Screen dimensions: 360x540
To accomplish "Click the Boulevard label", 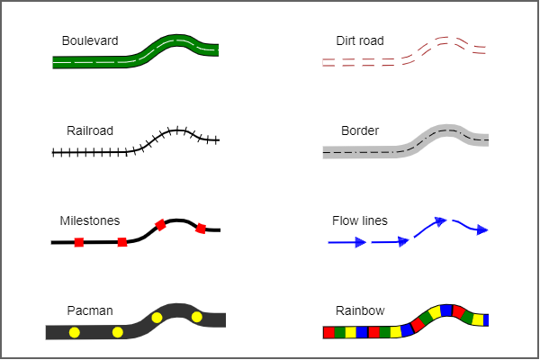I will (89, 40).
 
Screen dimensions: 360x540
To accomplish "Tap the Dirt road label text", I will (359, 40).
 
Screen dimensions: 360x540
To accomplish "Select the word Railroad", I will (90, 130).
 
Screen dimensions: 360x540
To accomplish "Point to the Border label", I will (360, 130).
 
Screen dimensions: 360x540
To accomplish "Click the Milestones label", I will (89, 220).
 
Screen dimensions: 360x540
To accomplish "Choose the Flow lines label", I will (360, 220).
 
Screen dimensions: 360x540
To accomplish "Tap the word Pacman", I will (90, 310).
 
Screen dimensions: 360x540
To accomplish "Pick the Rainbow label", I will (360, 310).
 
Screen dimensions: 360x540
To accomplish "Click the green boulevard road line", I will (99, 62).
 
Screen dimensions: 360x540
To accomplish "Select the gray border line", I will (360, 152).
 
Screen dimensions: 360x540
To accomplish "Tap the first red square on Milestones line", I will (79, 242).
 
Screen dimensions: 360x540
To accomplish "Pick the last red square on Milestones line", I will (201, 228).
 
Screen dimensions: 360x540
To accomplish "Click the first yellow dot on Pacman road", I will (75, 332).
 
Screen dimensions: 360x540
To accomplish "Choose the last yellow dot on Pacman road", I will (197, 316).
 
